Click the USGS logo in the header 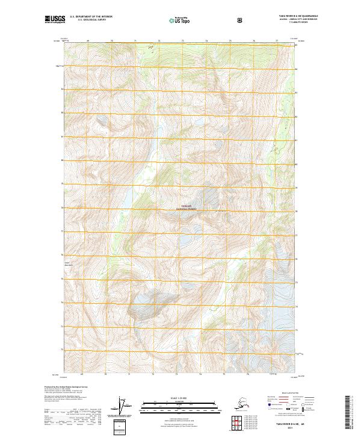(x=54, y=20)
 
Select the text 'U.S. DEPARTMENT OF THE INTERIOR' (x=91, y=17)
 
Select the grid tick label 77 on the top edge (x=276, y=41)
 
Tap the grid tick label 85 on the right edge (x=296, y=45)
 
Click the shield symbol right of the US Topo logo (x=241, y=20)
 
